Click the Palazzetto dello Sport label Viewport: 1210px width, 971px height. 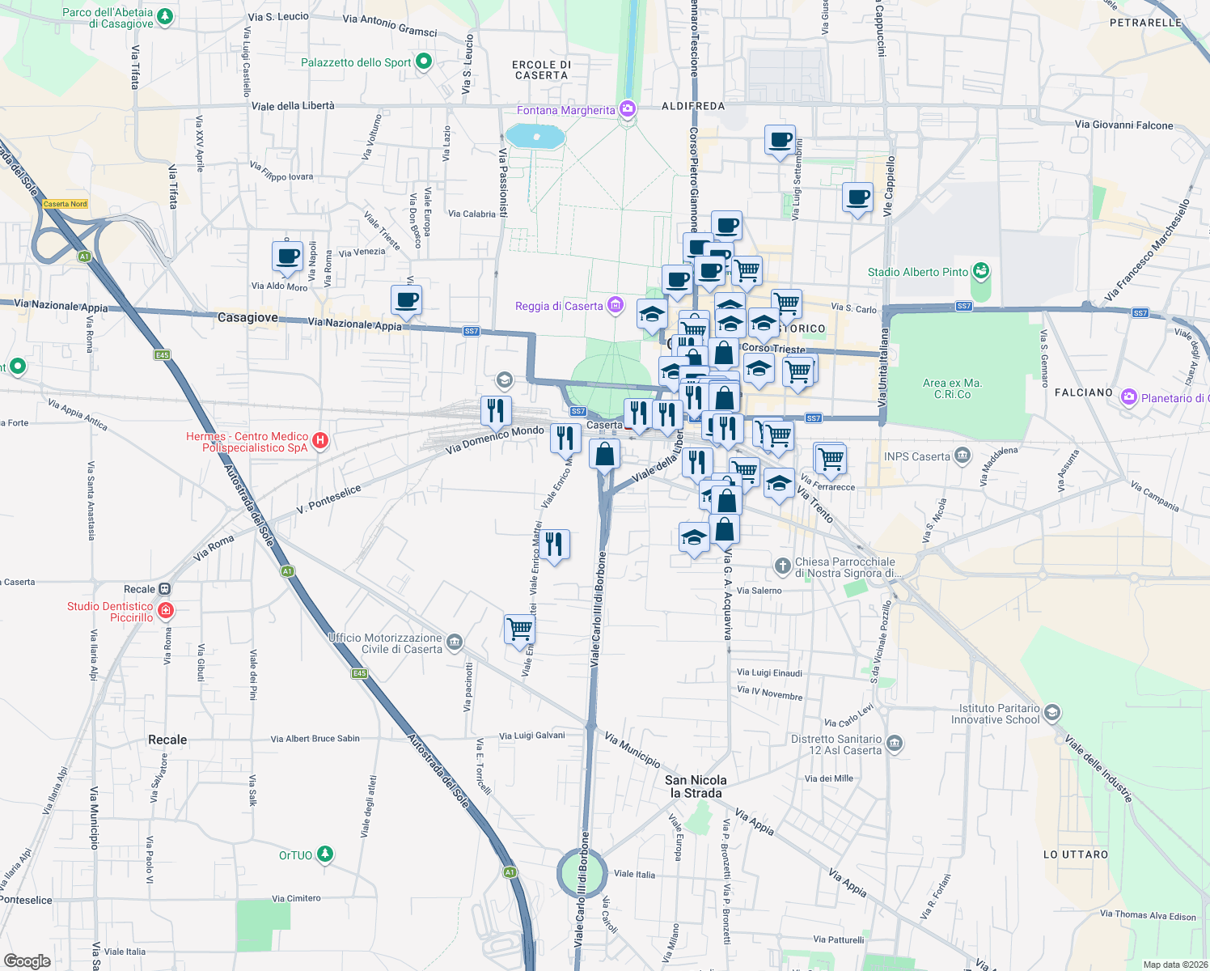point(356,62)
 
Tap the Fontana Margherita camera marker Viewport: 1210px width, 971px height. point(628,109)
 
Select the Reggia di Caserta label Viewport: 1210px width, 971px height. point(559,306)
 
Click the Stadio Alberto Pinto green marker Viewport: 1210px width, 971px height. point(981,271)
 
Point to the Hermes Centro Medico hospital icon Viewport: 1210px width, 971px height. point(320,440)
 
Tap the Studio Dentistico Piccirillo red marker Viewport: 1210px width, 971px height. point(166,610)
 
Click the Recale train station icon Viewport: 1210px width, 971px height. point(165,589)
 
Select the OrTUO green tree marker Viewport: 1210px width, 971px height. point(324,854)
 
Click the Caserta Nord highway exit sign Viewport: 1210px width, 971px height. point(66,204)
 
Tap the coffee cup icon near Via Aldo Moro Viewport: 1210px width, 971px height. point(287,256)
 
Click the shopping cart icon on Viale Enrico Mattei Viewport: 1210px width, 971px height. point(519,628)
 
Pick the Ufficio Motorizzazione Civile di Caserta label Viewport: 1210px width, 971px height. point(386,643)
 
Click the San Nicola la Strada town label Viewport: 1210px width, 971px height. point(696,787)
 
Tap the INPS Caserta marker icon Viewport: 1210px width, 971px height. point(962,456)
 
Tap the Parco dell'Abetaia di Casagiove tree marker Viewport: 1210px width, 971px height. point(165,16)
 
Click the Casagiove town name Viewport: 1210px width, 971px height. point(247,318)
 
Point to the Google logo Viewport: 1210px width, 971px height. point(27,960)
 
